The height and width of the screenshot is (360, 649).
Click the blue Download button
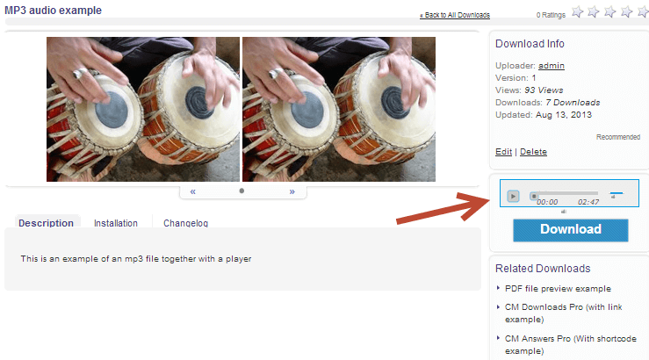coord(570,230)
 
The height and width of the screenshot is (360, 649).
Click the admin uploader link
coord(552,66)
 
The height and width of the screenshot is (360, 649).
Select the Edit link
coord(504,152)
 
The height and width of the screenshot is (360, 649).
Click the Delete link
coord(533,152)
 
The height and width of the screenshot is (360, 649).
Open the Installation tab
coord(115,223)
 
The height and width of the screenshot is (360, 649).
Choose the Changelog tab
coord(185,223)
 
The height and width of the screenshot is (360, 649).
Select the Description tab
coord(46,223)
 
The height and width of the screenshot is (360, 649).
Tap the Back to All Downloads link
coord(455,15)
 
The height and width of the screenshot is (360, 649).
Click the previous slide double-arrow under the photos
coord(193,191)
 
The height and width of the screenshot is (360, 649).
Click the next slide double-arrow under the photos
coord(292,191)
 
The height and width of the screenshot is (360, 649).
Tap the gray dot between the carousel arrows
coord(242,191)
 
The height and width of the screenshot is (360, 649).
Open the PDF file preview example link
coord(558,289)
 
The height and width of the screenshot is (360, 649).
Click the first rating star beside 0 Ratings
coord(577,12)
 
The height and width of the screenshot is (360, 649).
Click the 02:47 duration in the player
coord(588,202)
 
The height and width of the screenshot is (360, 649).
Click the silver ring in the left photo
coord(79,74)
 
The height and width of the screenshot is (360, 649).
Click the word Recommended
coord(618,137)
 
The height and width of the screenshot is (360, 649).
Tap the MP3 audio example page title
coord(53,11)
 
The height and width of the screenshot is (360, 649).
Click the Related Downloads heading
coord(543,269)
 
